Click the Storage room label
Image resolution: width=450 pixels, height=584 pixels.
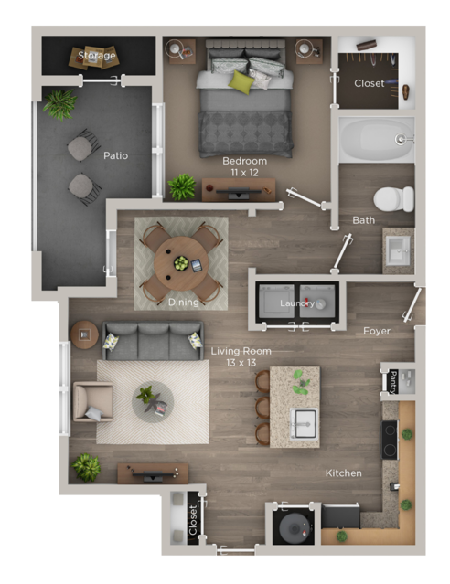point(96,56)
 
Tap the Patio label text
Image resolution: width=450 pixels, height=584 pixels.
point(115,155)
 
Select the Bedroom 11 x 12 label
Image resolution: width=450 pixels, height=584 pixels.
point(244,166)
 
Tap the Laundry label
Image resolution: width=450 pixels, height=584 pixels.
point(297,303)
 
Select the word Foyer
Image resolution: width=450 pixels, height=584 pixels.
point(377,331)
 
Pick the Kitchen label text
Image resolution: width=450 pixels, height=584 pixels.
point(343,473)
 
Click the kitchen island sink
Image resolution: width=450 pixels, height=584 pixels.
point(304,422)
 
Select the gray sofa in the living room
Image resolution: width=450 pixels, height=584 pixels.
point(153,340)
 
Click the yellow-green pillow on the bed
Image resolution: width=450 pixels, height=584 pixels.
point(241,81)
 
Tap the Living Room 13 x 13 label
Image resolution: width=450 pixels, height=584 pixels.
point(241,356)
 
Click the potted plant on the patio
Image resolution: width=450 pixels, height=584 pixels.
point(60,103)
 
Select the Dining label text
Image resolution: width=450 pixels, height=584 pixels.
point(183,303)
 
